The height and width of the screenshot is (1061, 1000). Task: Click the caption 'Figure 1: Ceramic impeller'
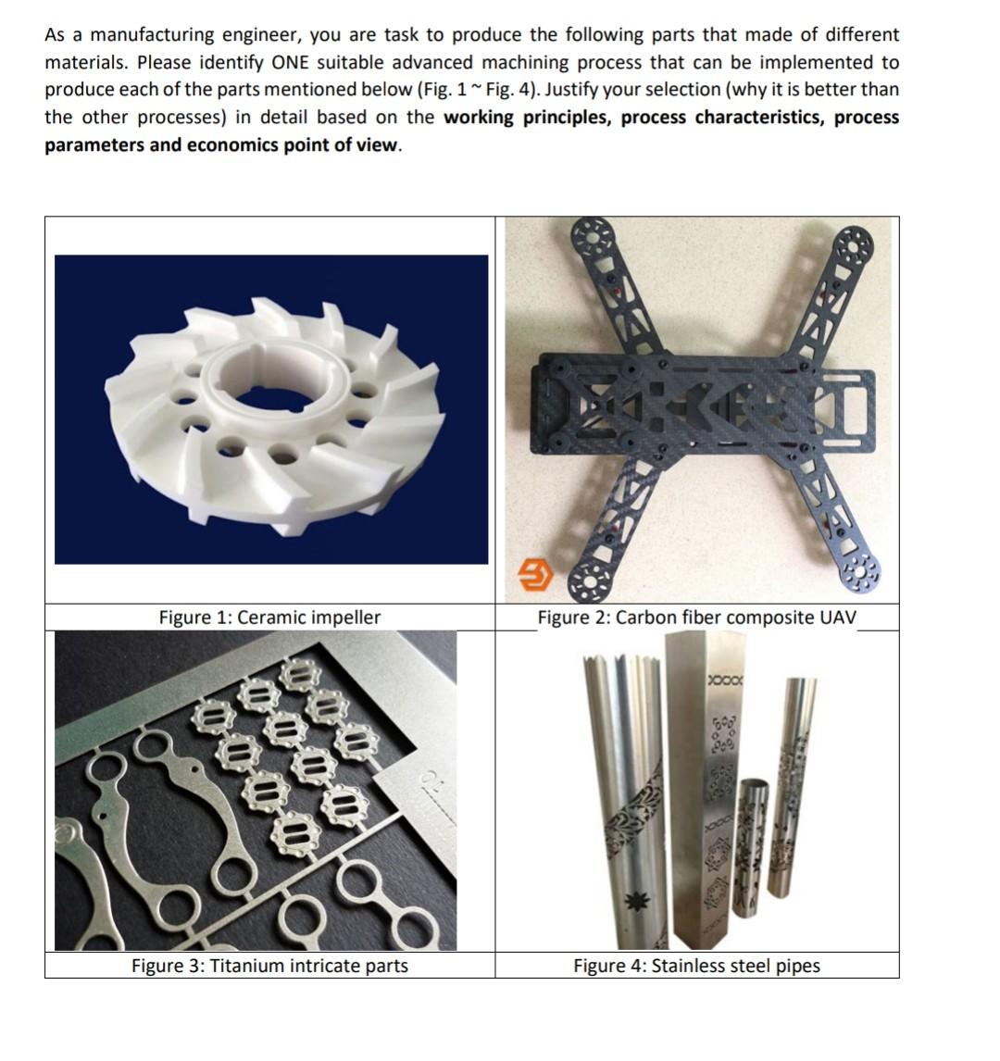269,618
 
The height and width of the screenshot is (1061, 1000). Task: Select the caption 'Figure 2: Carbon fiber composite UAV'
696,618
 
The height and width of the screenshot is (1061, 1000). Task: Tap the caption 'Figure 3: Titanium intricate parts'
269,966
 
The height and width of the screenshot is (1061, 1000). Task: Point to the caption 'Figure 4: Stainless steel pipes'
696,966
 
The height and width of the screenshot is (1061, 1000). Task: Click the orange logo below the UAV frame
534,578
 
